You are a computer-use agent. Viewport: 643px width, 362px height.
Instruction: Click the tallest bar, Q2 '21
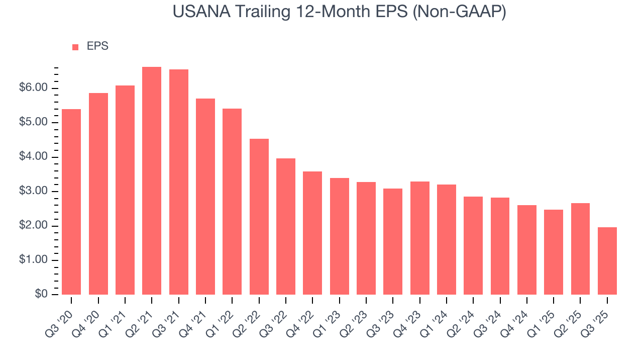pos(152,181)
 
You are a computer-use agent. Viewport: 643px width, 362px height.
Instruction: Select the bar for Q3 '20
pos(71,202)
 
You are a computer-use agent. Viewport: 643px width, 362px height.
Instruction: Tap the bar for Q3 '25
pos(607,261)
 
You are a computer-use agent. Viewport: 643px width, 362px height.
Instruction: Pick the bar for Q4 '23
pos(419,238)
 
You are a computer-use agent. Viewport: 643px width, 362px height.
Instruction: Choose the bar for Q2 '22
pos(259,217)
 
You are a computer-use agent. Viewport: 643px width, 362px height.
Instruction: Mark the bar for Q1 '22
pos(232,202)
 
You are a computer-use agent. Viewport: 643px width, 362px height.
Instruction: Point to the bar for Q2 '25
pos(580,249)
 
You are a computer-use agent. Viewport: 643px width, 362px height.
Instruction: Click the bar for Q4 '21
pos(205,197)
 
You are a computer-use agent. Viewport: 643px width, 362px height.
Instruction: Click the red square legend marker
pos(75,47)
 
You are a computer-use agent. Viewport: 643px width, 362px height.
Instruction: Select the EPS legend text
pos(97,46)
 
